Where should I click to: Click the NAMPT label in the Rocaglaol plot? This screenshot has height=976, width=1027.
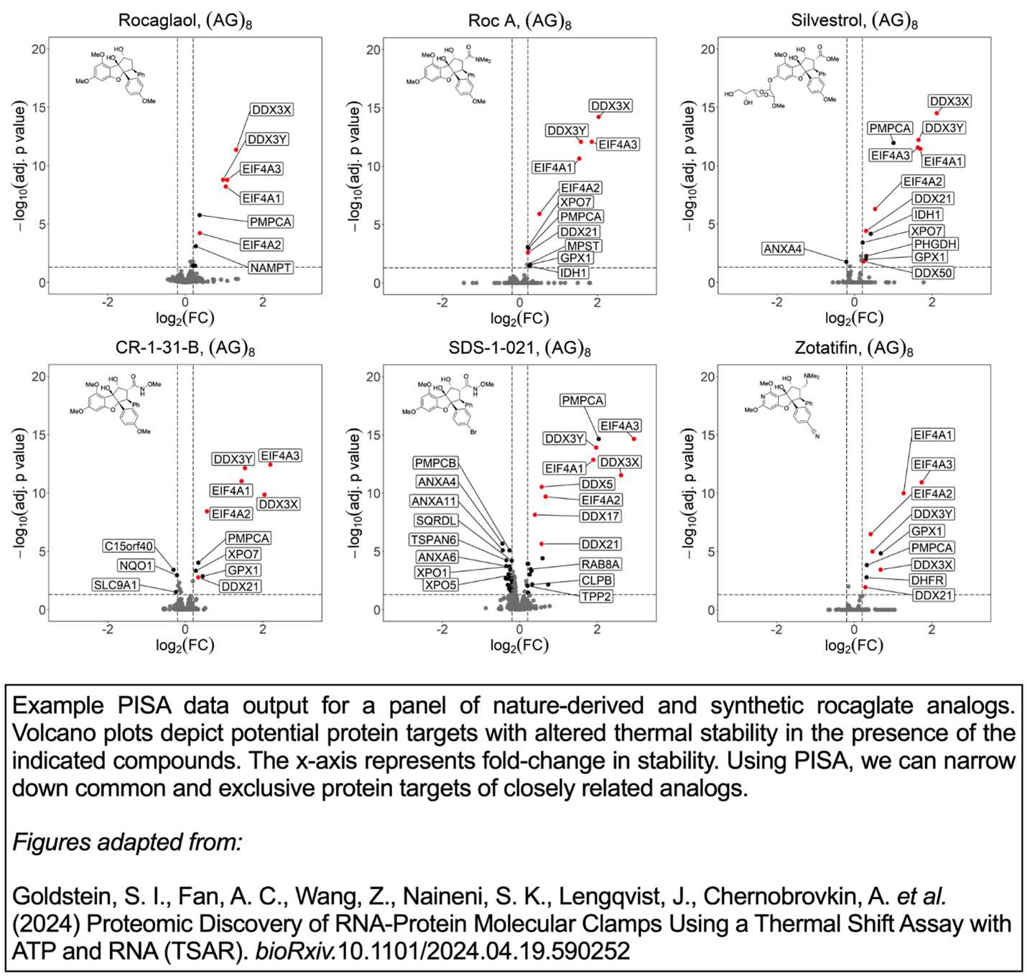pos(271,268)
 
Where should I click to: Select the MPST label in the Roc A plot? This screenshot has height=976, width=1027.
pos(583,246)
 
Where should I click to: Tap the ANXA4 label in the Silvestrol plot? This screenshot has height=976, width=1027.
pos(783,249)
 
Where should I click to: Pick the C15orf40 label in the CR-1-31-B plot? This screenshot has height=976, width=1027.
pos(129,547)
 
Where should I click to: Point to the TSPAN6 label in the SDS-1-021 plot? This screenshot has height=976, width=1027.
pos(434,540)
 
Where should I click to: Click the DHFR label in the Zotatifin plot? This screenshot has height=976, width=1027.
pos(928,580)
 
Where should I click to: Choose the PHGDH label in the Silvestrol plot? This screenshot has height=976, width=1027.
pos(935,244)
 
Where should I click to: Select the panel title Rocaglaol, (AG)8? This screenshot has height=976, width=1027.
pos(185,21)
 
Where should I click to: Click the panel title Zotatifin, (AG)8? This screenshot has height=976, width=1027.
pos(853,348)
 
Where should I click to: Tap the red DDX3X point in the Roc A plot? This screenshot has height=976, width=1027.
pos(599,116)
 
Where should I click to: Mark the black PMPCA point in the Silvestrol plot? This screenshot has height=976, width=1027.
pos(893,143)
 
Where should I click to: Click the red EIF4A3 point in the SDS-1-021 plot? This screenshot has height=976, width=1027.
pos(634,439)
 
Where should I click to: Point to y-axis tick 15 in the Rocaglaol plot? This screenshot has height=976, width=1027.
pos(39,108)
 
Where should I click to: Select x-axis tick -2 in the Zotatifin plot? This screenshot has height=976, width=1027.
pos(777,630)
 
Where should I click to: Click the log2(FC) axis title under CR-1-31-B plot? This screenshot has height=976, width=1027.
pos(185,646)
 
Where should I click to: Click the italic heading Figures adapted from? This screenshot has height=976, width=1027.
pos(127,842)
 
